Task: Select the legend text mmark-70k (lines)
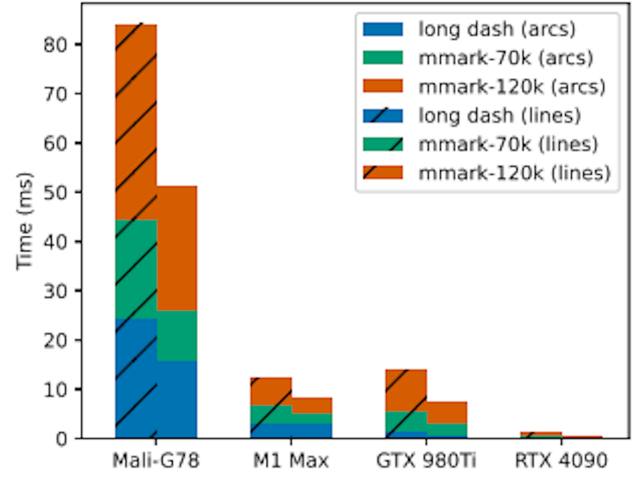[508, 144]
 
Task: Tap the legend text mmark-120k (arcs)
[512, 87]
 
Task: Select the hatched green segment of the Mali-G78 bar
[136, 269]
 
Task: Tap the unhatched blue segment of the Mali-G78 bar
[177, 400]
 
